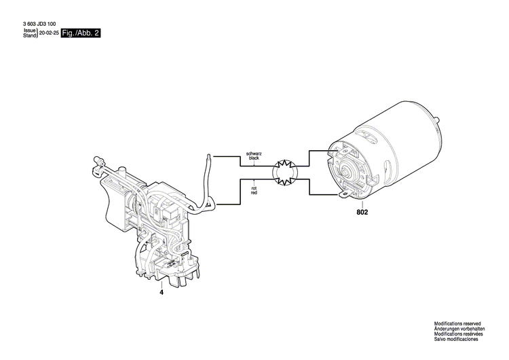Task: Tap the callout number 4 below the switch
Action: click(162, 293)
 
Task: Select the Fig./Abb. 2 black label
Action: click(80, 33)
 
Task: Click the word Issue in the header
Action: click(29, 31)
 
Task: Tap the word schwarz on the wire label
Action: click(253, 155)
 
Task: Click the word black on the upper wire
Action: click(253, 160)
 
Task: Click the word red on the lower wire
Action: click(253, 194)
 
